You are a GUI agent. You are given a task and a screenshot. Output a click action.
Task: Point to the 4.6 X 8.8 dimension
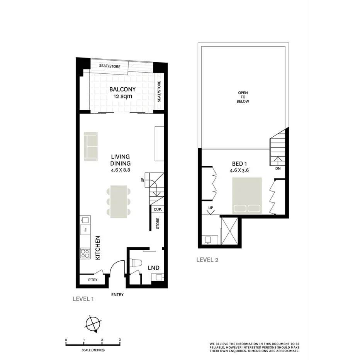pyautogui.click(x=121, y=170)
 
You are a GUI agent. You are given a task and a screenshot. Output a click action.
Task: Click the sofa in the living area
pyautogui.click(x=91, y=146)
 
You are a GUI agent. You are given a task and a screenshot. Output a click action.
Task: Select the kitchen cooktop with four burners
pyautogui.click(x=85, y=253)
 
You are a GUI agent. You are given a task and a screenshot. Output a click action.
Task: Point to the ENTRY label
pyautogui.click(x=117, y=295)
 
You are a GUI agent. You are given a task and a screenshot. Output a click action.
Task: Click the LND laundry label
pyautogui.click(x=153, y=268)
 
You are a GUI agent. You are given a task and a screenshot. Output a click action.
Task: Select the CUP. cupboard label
pyautogui.click(x=157, y=209)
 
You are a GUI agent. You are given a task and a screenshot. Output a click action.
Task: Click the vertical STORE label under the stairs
pyautogui.click(x=158, y=224)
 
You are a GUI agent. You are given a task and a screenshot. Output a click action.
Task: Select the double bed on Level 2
pyautogui.click(x=247, y=195)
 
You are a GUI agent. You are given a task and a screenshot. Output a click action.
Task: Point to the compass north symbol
pyautogui.click(x=93, y=323)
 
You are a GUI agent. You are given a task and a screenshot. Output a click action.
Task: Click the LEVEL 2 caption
pyautogui.click(x=207, y=260)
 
